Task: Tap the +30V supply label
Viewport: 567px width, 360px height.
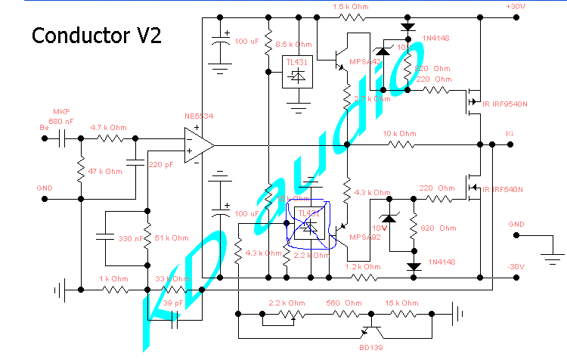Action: (516, 6)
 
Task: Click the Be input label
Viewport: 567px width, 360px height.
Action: (44, 127)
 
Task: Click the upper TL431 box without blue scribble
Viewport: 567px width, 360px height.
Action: (297, 71)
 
